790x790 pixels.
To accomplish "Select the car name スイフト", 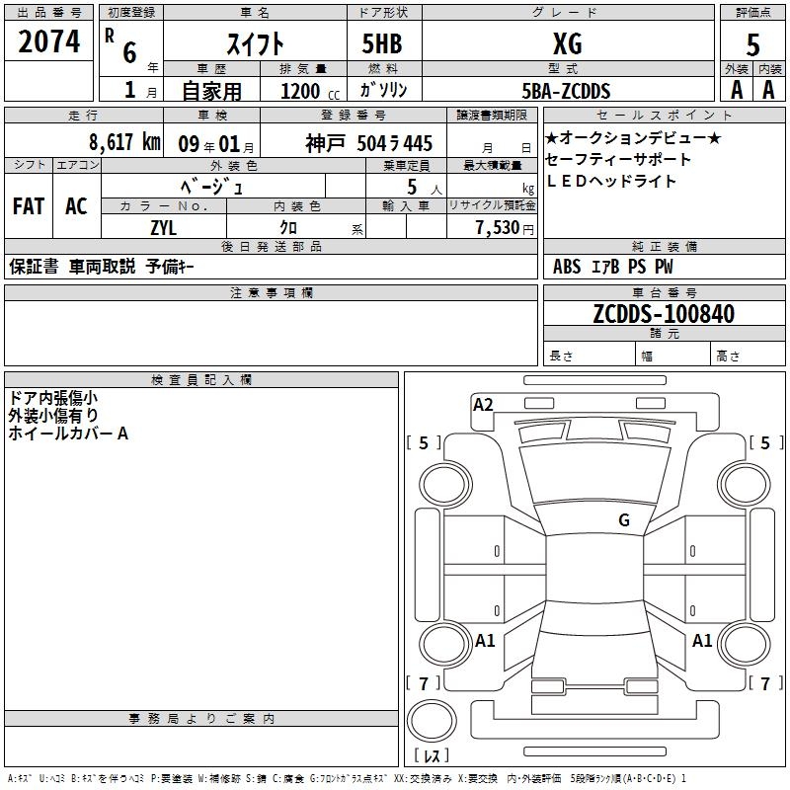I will pos(256,43).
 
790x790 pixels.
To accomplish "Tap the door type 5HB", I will pos(383,43).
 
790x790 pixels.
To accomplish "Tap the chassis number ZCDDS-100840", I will pos(664,314).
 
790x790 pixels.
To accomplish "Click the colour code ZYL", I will pos(164,226).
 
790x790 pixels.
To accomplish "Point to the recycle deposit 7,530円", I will pos(504,227).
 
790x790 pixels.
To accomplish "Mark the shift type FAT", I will pos(28,206).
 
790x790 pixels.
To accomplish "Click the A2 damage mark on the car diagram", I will pos(483,404).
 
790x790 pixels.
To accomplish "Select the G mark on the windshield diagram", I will pos(624,520).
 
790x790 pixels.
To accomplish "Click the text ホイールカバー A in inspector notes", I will pos(68,433).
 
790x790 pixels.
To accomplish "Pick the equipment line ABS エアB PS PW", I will pos(613,266).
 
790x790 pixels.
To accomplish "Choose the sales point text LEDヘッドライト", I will pos(611,181).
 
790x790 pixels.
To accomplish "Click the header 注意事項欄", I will pos(271,293).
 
